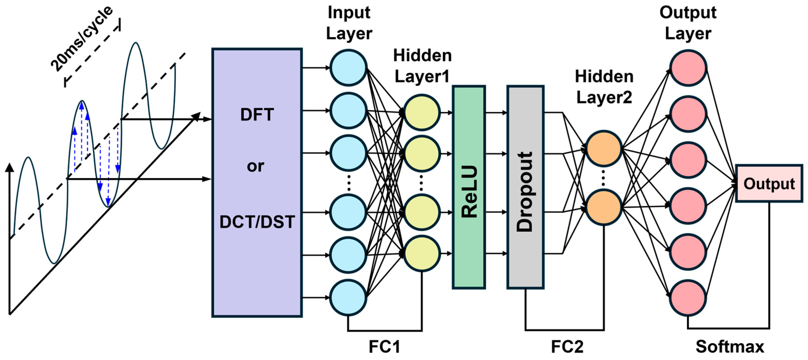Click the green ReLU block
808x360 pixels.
[469, 187]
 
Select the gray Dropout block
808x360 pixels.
[525, 187]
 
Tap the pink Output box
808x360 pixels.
[769, 183]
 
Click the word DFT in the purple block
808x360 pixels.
[257, 115]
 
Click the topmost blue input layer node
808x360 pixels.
[348, 67]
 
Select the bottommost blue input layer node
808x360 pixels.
[348, 297]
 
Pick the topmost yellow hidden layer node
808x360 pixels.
[422, 112]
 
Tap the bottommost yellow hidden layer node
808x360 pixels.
[422, 253]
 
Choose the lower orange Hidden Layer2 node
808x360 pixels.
[604, 207]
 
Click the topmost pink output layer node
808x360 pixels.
[688, 67]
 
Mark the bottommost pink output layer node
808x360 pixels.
[688, 297]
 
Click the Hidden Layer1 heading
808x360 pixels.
[422, 66]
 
